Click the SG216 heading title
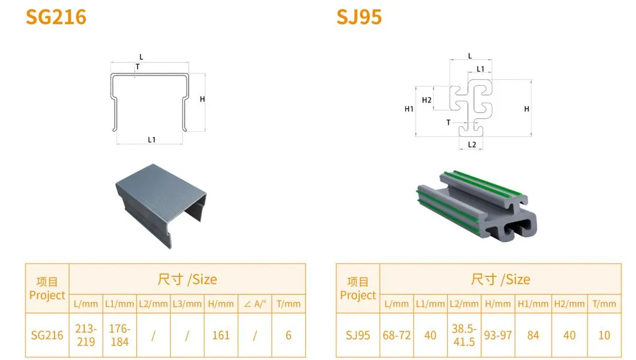click(56, 17)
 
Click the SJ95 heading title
click(359, 17)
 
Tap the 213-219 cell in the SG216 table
click(86, 335)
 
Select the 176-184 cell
click(120, 335)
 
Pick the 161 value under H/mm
click(220, 335)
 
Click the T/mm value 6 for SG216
click(288, 335)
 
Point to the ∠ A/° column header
click(255, 304)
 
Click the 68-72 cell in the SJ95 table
click(397, 335)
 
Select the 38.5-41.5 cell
click(464, 335)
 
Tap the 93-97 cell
click(498, 335)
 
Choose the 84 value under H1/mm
click(533, 335)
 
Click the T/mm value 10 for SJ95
click(604, 335)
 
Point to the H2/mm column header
click(569, 304)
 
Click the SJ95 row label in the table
click(358, 335)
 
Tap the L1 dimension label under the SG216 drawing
click(152, 139)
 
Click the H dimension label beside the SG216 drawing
click(202, 99)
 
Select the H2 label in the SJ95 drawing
click(427, 100)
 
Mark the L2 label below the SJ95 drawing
click(472, 144)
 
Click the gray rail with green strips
click(477, 206)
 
